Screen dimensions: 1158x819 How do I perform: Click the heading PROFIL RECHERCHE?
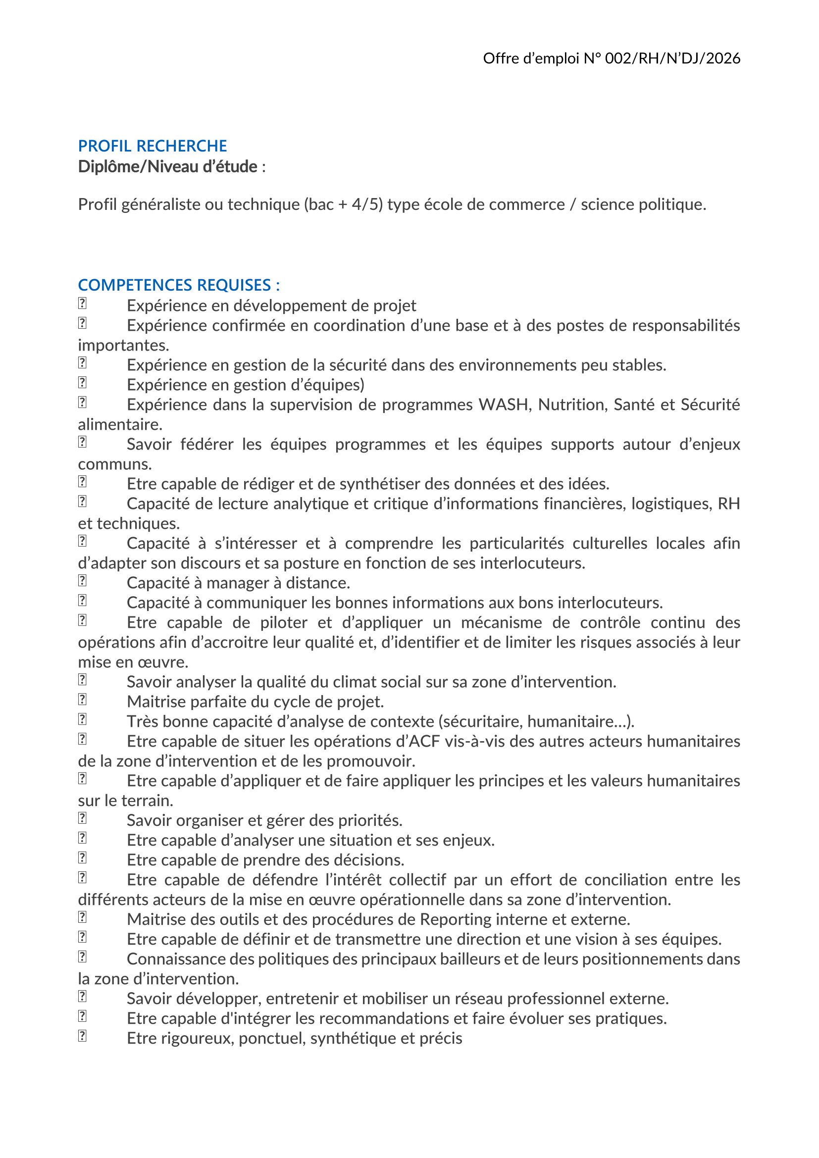[153, 146]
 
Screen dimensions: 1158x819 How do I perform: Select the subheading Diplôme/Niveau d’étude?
[167, 166]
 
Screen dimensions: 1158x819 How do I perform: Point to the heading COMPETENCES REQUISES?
[179, 285]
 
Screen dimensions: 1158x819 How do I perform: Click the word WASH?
[505, 404]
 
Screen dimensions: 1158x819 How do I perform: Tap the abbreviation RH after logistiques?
[729, 503]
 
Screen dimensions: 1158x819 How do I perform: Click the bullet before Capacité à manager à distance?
[82, 581]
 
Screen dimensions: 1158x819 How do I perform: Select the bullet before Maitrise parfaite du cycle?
[82, 700]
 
